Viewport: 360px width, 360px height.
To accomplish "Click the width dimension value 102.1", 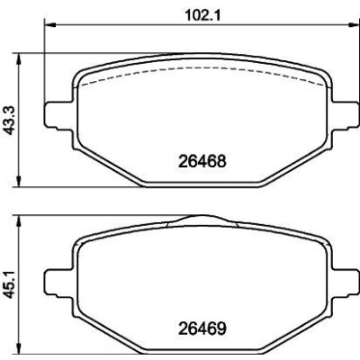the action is tap(202, 15).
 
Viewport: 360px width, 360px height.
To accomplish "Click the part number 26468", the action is tap(202, 162).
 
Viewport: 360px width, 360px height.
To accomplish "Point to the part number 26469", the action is tap(202, 328).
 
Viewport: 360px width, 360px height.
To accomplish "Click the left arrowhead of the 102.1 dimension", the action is tap(50, 25).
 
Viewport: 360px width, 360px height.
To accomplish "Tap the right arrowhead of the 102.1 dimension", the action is tap(353, 25).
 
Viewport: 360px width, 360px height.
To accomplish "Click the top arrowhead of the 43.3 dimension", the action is tap(19, 59).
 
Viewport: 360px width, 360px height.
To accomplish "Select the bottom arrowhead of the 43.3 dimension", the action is tap(19, 181).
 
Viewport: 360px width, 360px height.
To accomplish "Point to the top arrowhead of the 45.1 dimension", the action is tap(19, 221).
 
